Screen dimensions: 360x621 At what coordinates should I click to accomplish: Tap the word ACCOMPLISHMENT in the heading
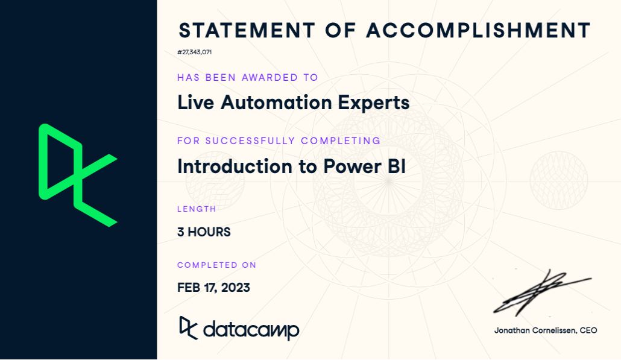coord(478,30)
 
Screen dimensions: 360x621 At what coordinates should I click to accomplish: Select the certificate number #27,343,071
coord(194,52)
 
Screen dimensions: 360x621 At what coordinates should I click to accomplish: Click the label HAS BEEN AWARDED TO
coord(247,77)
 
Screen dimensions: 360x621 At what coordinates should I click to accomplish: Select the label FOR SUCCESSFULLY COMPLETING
coord(279,141)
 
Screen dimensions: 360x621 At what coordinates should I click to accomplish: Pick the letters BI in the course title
coord(396,166)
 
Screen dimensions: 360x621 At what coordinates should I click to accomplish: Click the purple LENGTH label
coord(197,209)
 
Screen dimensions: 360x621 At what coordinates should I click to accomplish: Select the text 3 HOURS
coord(204,232)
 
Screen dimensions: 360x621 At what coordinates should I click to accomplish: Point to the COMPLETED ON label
coord(216,265)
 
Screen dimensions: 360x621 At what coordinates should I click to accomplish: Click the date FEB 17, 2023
coord(213,288)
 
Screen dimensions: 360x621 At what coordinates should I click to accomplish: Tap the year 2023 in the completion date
coord(236,288)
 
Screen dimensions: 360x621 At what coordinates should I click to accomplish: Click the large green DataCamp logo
coord(77,175)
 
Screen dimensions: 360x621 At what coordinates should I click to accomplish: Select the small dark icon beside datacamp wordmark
coord(188,328)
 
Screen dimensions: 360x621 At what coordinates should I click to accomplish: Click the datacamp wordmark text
coord(251,330)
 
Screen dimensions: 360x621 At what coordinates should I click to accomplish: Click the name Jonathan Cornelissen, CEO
coord(546,330)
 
